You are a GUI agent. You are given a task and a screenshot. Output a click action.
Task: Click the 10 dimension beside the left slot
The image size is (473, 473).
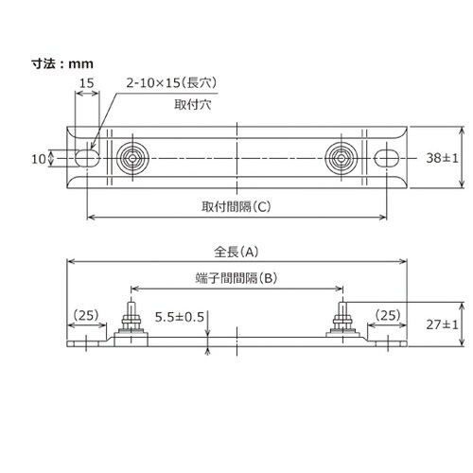click(x=39, y=159)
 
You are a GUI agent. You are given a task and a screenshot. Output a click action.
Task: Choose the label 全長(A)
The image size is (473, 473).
click(x=236, y=252)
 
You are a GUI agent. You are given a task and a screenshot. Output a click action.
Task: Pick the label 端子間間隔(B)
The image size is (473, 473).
click(x=236, y=278)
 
